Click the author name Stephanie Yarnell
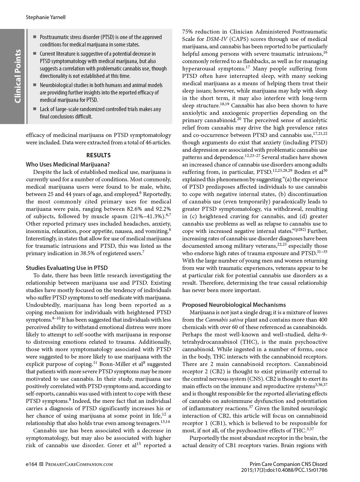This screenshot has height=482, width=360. pos(46,17)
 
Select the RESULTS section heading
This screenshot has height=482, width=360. pos(98,155)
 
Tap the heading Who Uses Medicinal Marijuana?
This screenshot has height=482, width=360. pos(68,164)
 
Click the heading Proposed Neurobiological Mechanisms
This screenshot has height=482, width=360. pos(234,305)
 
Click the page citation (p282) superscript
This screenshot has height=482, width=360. pos(300,230)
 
